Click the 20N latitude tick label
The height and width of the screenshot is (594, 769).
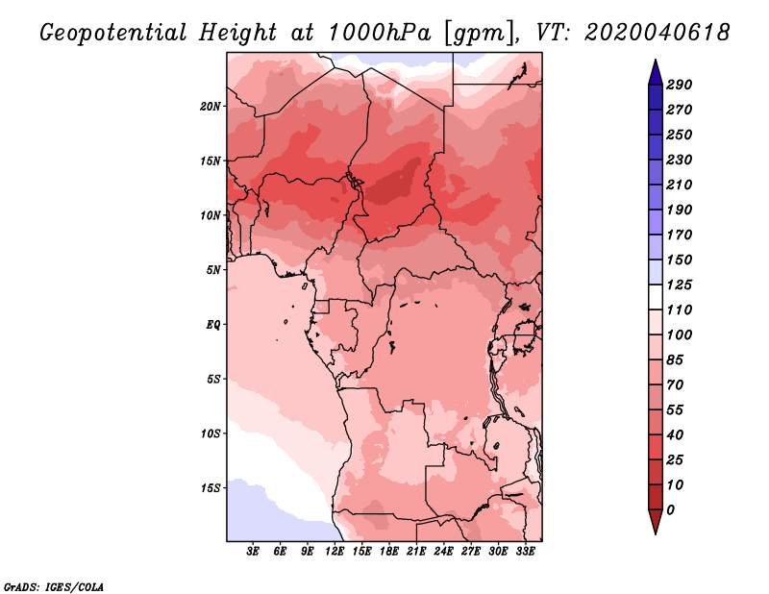tap(210, 107)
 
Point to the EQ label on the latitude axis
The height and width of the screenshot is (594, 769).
tap(212, 325)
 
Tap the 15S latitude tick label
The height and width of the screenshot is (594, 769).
tap(211, 488)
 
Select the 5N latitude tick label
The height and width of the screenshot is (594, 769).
tap(213, 270)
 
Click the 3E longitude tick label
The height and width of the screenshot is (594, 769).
tap(253, 552)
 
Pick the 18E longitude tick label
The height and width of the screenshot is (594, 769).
tap(389, 552)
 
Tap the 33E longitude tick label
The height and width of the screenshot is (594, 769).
tap(525, 552)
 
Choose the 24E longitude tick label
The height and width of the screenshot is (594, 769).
tap(443, 552)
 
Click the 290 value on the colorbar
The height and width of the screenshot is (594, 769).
tap(680, 85)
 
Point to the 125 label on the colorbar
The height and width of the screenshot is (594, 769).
tap(680, 285)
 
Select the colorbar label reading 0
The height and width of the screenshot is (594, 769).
tap(670, 510)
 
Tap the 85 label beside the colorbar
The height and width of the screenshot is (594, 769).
tap(675, 360)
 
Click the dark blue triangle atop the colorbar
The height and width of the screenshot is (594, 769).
tap(656, 73)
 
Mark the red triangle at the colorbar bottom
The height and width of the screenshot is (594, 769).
tap(656, 521)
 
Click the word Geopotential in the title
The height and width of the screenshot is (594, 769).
tap(113, 33)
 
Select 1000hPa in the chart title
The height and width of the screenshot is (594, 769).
tap(380, 33)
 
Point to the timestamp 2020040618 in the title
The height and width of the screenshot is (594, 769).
tap(657, 33)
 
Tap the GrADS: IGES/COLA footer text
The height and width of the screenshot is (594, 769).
tap(54, 587)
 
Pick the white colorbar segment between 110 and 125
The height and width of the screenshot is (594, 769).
tap(656, 297)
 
